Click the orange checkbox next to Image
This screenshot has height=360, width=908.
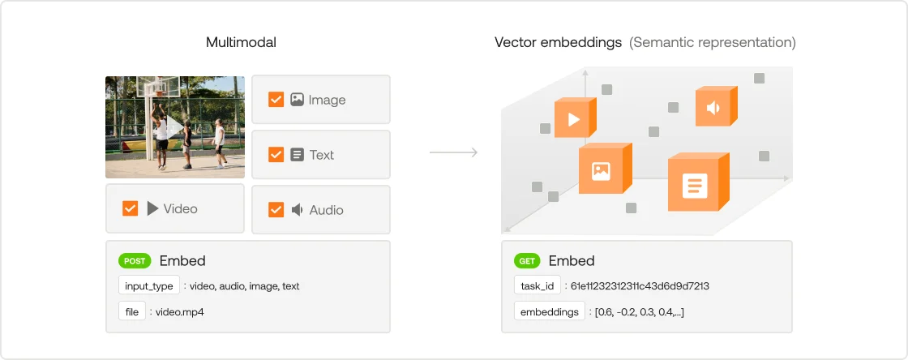click(x=276, y=100)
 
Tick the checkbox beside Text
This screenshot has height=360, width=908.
click(x=276, y=155)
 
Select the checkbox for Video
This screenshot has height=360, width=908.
click(x=131, y=208)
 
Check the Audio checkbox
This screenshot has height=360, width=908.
click(x=276, y=209)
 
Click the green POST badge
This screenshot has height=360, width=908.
click(x=135, y=261)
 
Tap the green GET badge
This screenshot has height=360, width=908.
click(x=527, y=261)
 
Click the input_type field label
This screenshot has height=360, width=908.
click(x=149, y=286)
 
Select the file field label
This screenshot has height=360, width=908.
click(x=132, y=312)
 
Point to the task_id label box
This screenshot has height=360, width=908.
click(x=538, y=286)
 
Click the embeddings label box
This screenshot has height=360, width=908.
click(x=550, y=312)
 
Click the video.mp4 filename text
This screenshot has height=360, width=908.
click(x=180, y=312)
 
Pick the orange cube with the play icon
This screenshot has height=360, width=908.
click(x=575, y=118)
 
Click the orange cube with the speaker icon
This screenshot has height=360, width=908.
click(x=717, y=106)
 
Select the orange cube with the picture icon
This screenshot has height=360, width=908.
click(x=605, y=169)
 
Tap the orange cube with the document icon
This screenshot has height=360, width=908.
click(x=698, y=183)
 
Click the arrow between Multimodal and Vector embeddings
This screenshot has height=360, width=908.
click(x=453, y=152)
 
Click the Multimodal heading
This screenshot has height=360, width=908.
click(x=241, y=42)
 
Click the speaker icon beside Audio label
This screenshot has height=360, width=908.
click(x=297, y=209)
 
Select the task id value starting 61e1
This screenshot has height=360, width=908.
click(x=640, y=286)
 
